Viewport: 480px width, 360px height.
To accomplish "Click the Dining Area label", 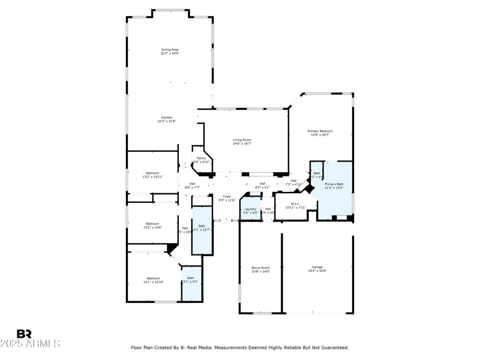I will [x=170, y=52].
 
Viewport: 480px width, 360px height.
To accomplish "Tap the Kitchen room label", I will [x=167, y=119].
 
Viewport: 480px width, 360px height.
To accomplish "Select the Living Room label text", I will [x=242, y=142].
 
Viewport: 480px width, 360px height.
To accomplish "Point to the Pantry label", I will [x=202, y=160].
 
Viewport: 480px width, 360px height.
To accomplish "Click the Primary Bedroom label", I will [x=320, y=133].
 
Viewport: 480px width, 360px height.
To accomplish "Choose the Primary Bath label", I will [x=334, y=186].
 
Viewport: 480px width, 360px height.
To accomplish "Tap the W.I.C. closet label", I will [x=295, y=205].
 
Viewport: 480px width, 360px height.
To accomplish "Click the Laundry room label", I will [x=250, y=211].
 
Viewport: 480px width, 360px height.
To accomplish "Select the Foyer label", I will [x=227, y=198].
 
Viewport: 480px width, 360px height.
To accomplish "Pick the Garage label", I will [x=317, y=268].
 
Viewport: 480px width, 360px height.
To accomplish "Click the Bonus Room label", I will [x=260, y=269].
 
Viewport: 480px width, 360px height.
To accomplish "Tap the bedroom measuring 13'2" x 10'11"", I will [x=152, y=175].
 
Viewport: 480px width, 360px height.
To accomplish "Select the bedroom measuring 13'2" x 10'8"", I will [x=152, y=226].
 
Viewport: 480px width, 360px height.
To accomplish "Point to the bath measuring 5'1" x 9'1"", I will [x=191, y=280].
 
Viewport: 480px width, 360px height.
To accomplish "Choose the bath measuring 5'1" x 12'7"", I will [x=202, y=228].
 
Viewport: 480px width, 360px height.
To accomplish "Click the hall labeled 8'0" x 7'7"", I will [x=192, y=185].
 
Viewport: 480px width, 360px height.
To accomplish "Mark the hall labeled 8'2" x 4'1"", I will [x=262, y=185].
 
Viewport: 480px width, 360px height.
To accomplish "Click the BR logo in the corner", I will [x=24, y=334].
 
